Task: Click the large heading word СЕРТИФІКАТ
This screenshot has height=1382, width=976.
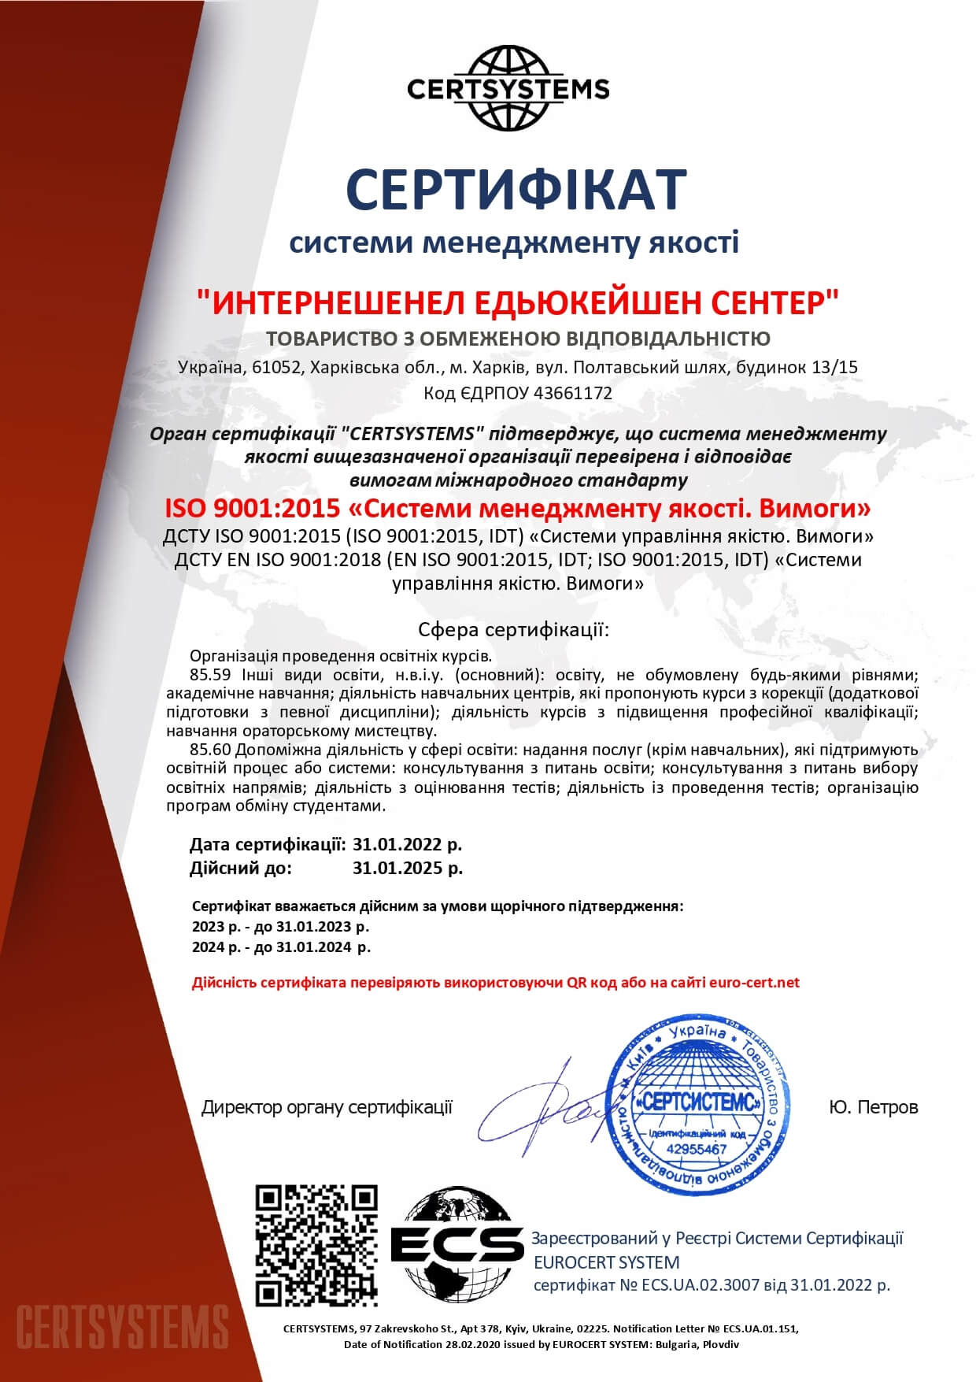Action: tap(516, 189)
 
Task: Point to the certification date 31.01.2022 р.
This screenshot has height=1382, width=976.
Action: tap(408, 844)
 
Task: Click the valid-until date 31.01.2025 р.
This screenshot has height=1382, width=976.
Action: tap(408, 868)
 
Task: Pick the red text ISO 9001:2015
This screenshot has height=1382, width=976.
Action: tap(251, 508)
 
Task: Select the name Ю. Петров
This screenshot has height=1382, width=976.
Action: tap(873, 1107)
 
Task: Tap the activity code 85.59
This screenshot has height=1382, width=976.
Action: tap(207, 675)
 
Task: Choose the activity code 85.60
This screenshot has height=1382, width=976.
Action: tap(207, 748)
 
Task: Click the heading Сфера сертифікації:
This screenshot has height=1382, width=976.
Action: tap(514, 630)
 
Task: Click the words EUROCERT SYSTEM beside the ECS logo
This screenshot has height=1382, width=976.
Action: tap(606, 1262)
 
